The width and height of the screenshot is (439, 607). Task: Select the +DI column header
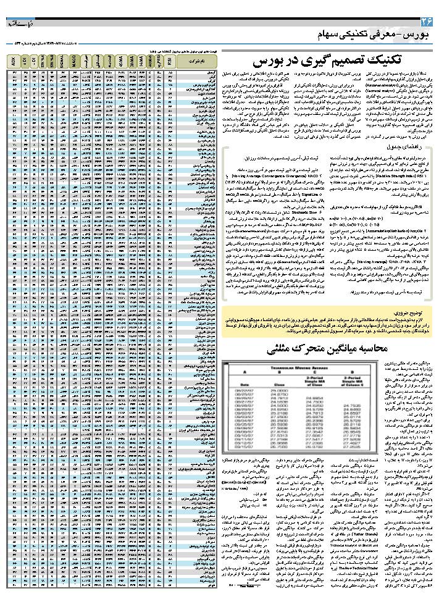point(25,61)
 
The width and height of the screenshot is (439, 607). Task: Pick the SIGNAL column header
point(64,61)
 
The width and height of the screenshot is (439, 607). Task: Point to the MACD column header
point(74,61)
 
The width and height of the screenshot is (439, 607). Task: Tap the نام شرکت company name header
point(197,61)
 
